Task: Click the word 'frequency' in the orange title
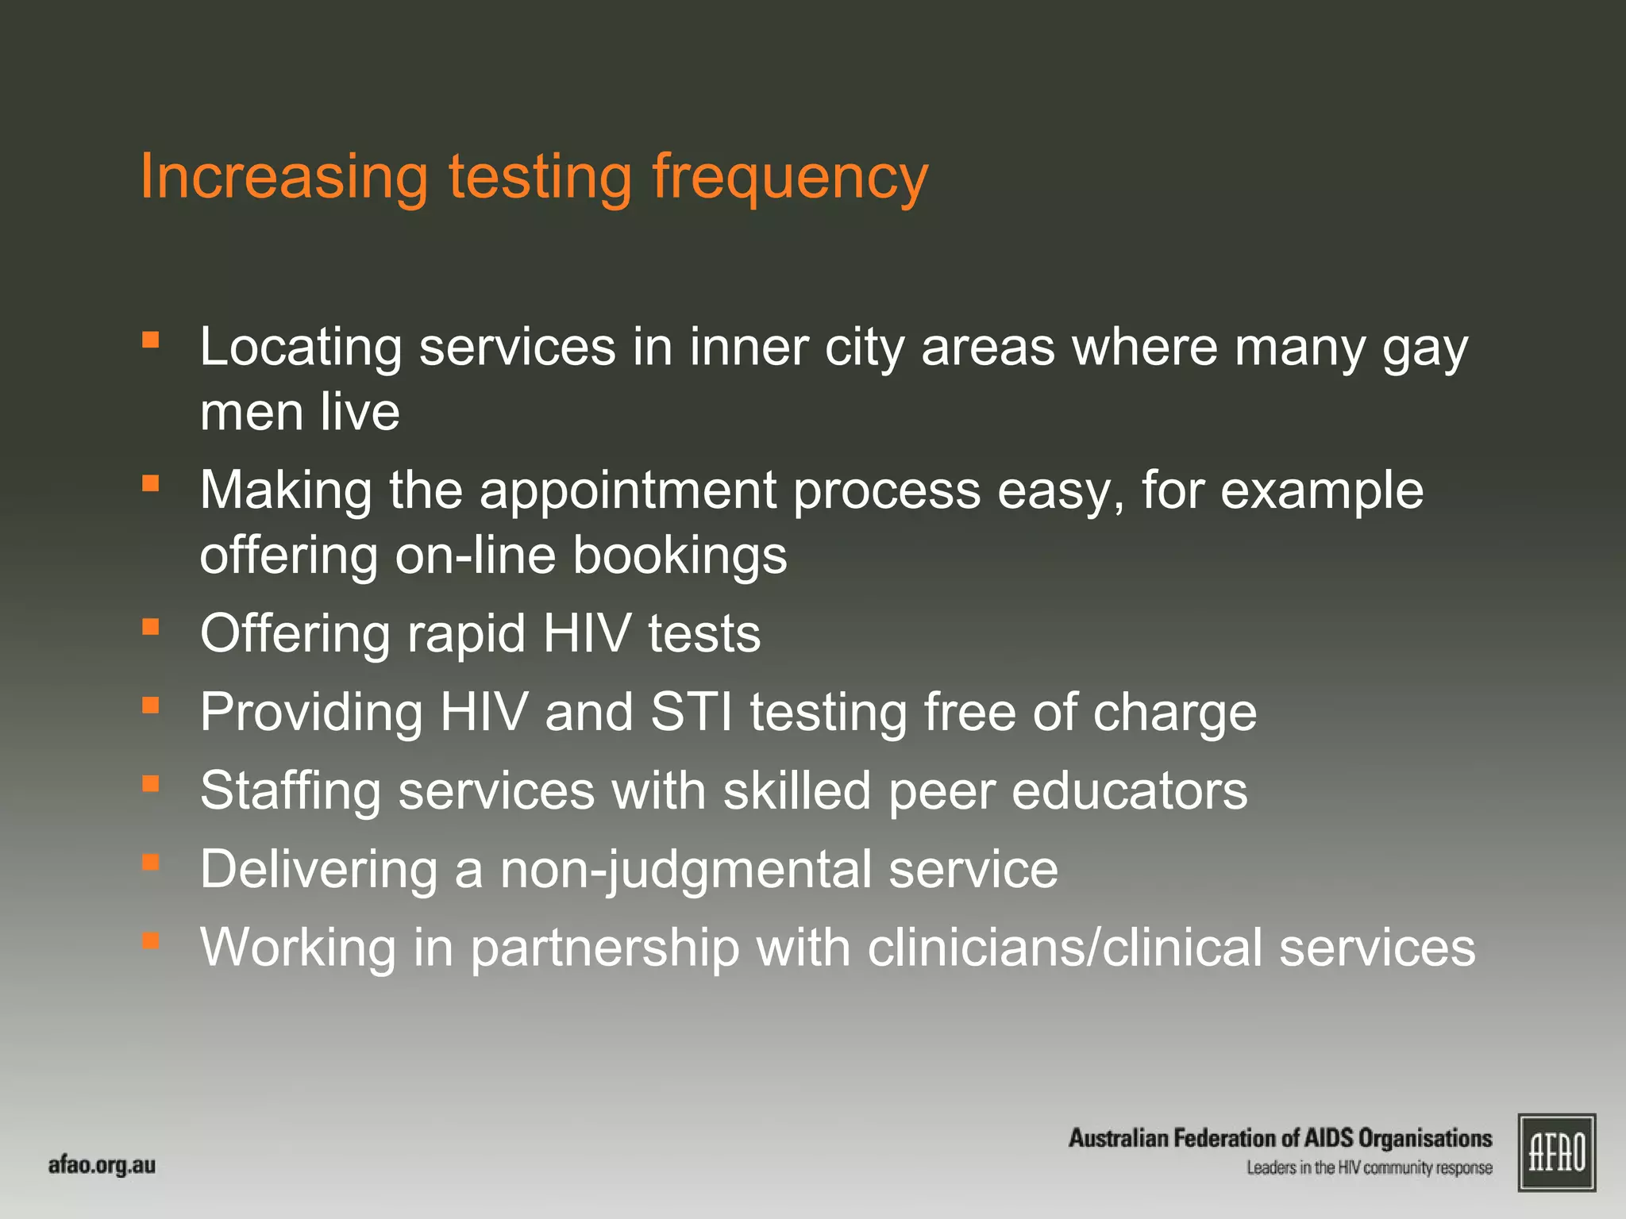(x=789, y=178)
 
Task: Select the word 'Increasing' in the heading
(x=283, y=178)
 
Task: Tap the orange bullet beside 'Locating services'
(x=151, y=340)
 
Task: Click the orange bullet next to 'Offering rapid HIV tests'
(x=151, y=627)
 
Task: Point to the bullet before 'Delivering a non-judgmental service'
(x=151, y=862)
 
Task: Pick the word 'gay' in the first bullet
(x=1425, y=349)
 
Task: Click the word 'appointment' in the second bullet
(x=628, y=491)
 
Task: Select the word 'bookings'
(x=680, y=555)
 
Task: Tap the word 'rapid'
(x=466, y=634)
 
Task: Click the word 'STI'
(x=692, y=712)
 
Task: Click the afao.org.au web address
(x=102, y=1166)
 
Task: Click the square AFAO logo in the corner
(x=1556, y=1152)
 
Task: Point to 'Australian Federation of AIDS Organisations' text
(x=1280, y=1139)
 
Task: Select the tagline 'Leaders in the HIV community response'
(x=1369, y=1168)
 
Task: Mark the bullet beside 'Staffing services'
(x=151, y=784)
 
